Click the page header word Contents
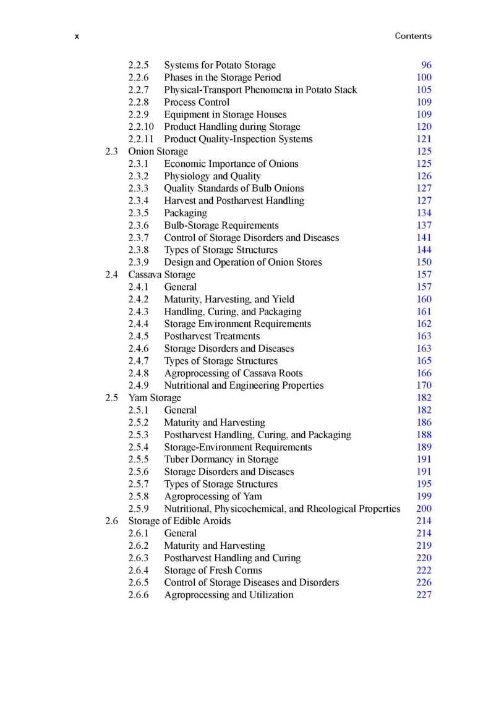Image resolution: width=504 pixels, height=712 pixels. tap(413, 36)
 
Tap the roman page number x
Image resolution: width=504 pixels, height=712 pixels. tap(77, 36)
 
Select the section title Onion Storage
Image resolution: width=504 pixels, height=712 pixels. tap(158, 151)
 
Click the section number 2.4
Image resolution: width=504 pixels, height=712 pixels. tap(111, 274)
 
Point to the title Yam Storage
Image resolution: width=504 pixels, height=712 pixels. tap(155, 397)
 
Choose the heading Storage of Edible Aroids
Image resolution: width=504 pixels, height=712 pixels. tap(179, 521)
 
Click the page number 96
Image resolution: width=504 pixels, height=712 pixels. tap(426, 65)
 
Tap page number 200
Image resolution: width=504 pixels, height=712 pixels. tap(424, 509)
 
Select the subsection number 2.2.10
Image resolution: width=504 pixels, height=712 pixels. tap(141, 127)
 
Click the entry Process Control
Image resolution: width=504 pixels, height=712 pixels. tap(197, 102)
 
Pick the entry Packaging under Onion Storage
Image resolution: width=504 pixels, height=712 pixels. tap(186, 213)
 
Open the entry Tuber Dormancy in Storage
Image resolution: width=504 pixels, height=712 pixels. tap(221, 459)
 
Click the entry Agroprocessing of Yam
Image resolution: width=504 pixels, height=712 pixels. tap(213, 496)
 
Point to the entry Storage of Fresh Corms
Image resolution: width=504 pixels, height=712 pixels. tap(218, 570)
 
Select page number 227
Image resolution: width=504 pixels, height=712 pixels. tap(424, 595)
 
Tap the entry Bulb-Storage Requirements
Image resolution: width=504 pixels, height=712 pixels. tap(221, 225)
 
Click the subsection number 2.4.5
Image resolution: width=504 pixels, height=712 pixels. tap(139, 336)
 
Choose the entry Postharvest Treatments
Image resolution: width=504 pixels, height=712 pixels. tap(211, 336)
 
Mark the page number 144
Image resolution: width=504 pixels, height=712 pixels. tap(424, 250)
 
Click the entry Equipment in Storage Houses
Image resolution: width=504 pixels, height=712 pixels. tap(225, 114)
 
